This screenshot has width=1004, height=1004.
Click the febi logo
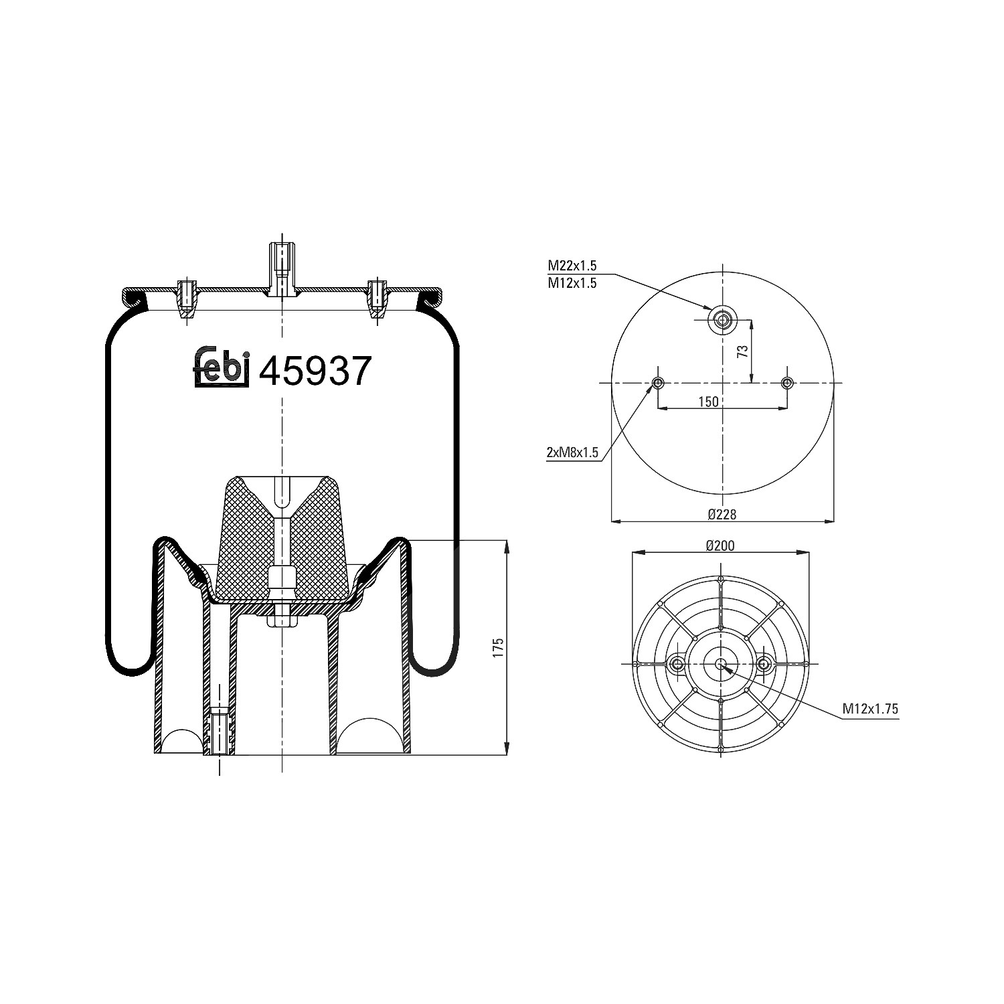tap(222, 367)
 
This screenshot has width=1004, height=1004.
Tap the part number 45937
tap(315, 371)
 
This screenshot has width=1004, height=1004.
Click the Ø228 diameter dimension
tap(722, 514)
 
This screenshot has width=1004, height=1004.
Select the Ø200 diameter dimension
tap(720, 546)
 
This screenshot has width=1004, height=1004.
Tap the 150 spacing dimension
tap(708, 402)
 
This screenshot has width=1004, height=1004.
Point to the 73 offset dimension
tap(742, 352)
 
